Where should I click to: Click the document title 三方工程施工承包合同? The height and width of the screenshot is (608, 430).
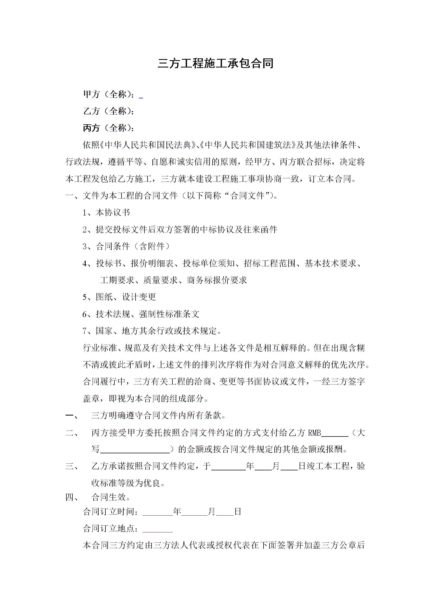click(215, 64)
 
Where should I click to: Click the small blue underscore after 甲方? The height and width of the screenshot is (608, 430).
click(141, 96)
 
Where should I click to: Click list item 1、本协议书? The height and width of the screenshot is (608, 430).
click(106, 212)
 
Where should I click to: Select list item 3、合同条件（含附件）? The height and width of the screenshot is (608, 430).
click(127, 246)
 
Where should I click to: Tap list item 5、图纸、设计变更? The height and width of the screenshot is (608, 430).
click(119, 297)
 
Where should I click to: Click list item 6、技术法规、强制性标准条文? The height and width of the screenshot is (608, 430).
click(141, 314)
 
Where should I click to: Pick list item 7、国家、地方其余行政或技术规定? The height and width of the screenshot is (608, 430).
click(152, 331)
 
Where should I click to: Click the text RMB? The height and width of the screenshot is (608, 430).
click(315, 433)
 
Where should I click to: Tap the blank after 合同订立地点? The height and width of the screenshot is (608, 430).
click(158, 529)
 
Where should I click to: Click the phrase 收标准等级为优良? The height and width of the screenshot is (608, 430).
click(128, 483)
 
